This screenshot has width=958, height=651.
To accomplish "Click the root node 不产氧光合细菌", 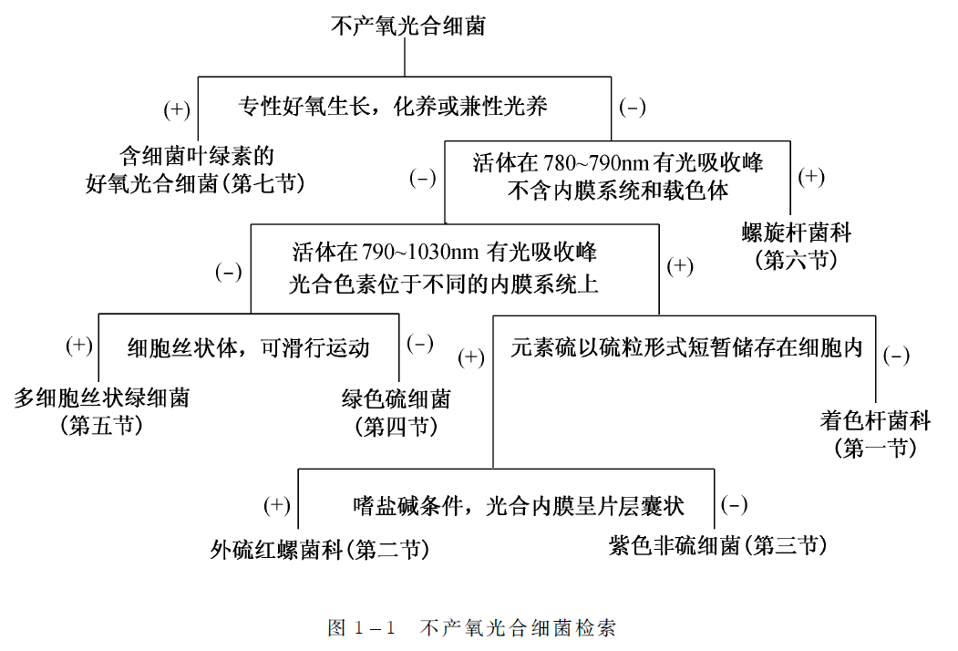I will pos(407,26).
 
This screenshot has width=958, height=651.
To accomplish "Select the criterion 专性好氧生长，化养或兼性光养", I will pos(393,107).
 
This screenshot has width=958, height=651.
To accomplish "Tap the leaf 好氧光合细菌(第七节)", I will pos(194,183).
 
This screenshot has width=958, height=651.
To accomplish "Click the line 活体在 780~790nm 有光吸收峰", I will pos(617,164).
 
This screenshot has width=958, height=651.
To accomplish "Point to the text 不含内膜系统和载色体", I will pos(617,191).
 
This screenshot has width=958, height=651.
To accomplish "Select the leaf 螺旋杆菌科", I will pos(797,232).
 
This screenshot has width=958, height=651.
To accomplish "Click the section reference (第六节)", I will pos(797,260).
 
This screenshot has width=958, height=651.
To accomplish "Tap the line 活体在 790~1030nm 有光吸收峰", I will pos(444,250).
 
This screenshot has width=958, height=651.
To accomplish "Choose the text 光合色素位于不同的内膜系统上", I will pos(444,284).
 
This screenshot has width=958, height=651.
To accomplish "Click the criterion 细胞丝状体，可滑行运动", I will pos(248,347).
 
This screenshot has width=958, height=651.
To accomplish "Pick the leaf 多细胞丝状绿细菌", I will pos(102,398).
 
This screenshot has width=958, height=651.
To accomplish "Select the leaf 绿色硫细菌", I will pos(397,398).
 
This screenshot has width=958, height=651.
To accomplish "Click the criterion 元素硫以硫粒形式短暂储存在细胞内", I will pos(686,348).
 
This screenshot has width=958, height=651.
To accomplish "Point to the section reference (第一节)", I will pos(875,448).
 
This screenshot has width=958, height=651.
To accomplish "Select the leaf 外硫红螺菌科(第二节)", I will pos(319,549).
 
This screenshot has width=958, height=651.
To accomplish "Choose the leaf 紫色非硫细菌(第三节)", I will pos(717,545).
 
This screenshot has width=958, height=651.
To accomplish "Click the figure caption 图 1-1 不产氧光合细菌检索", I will pos(471,628).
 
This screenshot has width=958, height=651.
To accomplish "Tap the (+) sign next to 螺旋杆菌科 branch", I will pos(811,177).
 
